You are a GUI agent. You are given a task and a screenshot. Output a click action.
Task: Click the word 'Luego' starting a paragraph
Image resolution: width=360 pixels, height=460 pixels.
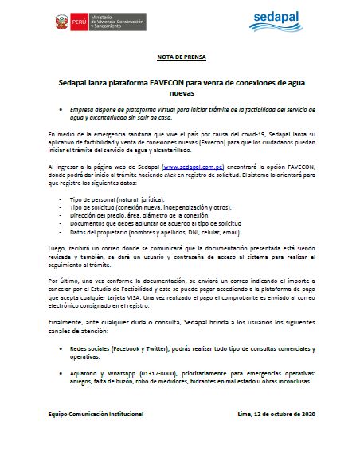click(x=57, y=249)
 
